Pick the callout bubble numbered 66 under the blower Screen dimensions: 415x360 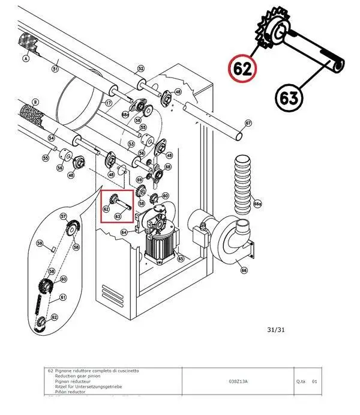pyautogui.click(x=244, y=270)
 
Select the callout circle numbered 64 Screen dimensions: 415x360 pyautogui.click(x=124, y=232)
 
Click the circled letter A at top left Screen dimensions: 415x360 pyautogui.click(x=26, y=59)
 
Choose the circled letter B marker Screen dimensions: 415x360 pyautogui.click(x=35, y=101)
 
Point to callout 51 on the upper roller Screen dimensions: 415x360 pyautogui.click(x=55, y=69)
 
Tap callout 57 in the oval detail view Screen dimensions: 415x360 pyautogui.click(x=63, y=216)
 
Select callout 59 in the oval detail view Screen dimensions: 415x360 pyautogui.click(x=40, y=243)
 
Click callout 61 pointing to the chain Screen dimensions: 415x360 pyautogui.click(x=63, y=297)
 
